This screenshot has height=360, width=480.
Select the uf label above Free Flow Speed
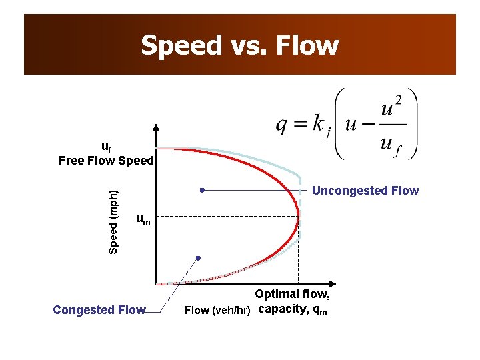(106, 147)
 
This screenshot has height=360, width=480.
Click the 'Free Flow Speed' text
(106, 161)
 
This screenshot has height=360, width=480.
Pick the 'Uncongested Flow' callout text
(365, 191)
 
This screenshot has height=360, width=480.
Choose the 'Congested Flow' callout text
(99, 310)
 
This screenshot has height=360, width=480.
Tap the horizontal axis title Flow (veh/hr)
(218, 310)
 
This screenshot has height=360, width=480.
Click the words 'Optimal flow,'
(292, 295)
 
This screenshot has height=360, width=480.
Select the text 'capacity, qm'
(292, 309)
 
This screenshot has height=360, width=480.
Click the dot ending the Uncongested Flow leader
(201, 190)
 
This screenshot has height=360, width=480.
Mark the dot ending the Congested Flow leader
(198, 257)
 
